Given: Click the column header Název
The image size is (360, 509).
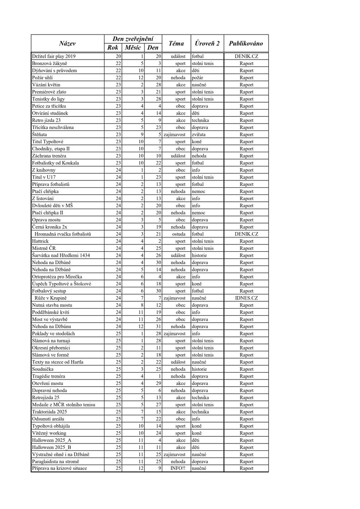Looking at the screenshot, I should point(67,44).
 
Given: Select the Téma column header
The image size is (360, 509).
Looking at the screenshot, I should point(176,44).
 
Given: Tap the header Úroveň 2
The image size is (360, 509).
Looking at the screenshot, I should point(207,44).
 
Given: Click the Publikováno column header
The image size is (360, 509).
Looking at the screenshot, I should point(246,44).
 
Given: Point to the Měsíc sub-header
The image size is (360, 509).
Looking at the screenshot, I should point(133,48).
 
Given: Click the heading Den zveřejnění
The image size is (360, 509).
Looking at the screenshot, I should point(133,39).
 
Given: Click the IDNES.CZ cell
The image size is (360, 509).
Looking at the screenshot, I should point(246,298).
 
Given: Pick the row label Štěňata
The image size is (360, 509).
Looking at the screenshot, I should point(39,135).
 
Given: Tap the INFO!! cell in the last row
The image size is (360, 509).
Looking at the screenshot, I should point(178,469).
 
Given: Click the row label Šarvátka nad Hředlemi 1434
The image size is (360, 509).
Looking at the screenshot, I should point(61,255).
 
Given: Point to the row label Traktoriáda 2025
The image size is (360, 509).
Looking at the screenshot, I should point(51,412).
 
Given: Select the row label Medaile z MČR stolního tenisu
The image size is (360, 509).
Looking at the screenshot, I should point(63,404).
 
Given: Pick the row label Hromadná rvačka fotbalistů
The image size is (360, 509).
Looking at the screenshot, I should point(63,234).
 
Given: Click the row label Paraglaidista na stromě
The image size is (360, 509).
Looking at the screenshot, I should point(58,461).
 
